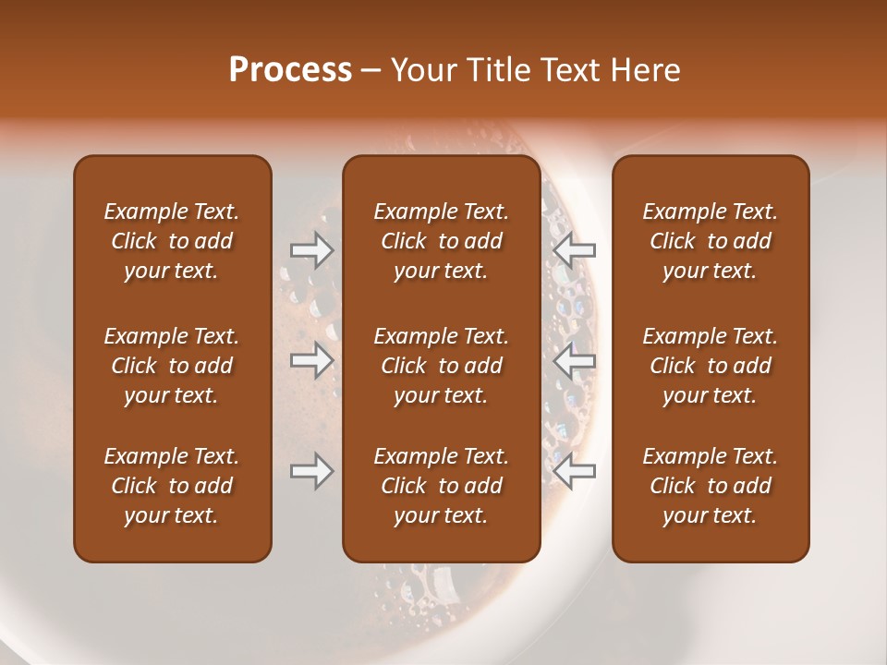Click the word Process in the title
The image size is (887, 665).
[x=290, y=70]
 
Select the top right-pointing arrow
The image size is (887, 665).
[x=311, y=249]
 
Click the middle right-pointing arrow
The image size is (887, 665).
[x=311, y=360]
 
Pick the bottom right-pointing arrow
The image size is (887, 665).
[x=311, y=471]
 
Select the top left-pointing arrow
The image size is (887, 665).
[x=575, y=249]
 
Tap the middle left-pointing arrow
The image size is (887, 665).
[x=575, y=360]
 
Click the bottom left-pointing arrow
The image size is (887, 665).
[x=575, y=471]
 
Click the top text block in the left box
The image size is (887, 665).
[x=172, y=241]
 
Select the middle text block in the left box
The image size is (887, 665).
[x=172, y=366]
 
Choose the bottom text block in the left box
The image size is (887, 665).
[x=172, y=486]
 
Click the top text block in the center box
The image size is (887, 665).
[x=442, y=241]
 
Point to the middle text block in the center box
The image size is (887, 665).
[x=442, y=366]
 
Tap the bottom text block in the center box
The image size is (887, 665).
[x=442, y=486]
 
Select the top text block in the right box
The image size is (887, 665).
[x=711, y=241]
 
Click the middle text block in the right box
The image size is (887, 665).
[x=711, y=366]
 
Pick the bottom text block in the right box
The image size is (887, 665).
[x=711, y=486]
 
